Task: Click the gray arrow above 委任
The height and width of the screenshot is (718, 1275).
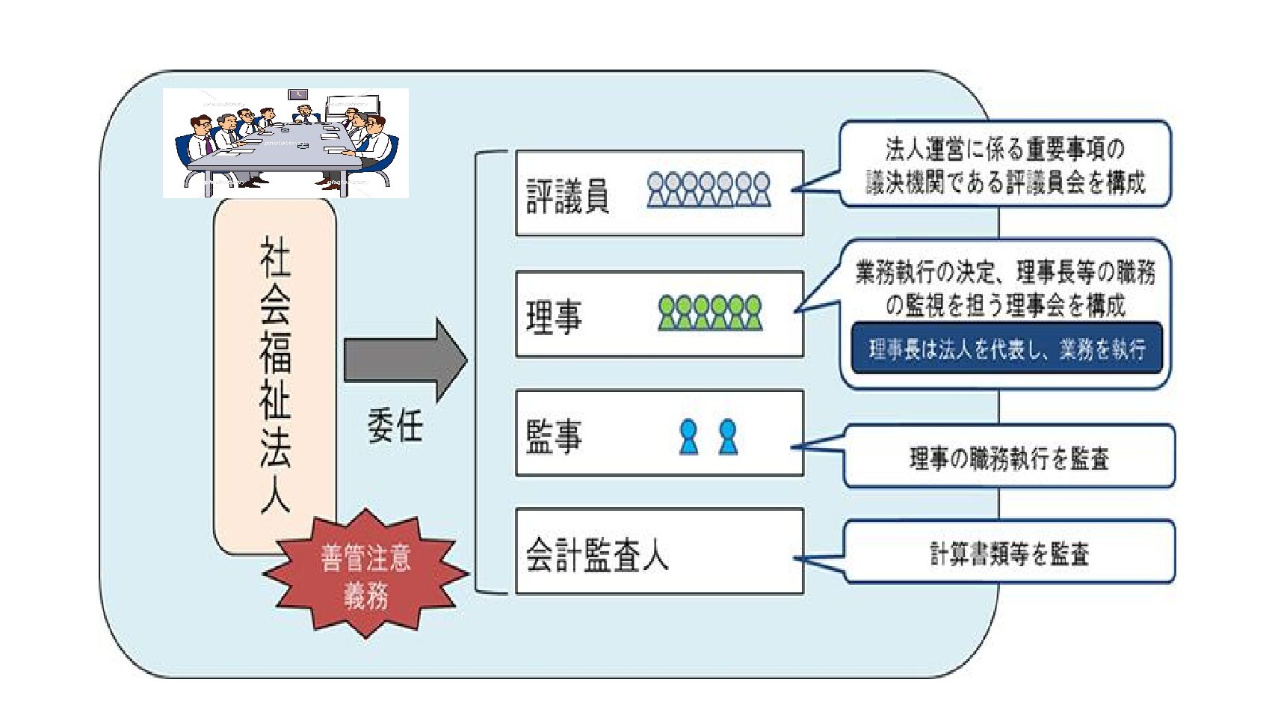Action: [404, 360]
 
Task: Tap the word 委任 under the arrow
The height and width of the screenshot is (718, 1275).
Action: [395, 427]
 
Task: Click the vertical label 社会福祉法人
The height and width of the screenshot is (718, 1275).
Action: [275, 374]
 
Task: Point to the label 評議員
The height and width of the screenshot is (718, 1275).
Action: [567, 196]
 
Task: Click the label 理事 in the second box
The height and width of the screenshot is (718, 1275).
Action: [554, 316]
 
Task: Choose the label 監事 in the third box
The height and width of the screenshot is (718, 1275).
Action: [554, 435]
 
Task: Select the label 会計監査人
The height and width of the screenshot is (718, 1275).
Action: [596, 555]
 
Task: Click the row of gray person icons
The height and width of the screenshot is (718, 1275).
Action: [708, 189]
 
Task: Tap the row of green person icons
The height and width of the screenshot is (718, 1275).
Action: [710, 313]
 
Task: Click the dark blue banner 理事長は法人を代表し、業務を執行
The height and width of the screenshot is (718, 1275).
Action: [1007, 349]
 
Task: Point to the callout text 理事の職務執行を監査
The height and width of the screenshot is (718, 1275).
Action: [1009, 458]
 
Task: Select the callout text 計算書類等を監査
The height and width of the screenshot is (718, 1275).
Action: [1009, 553]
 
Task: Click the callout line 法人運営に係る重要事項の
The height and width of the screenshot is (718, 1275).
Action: [1004, 150]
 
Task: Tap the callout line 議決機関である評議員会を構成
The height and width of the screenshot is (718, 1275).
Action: [1005, 182]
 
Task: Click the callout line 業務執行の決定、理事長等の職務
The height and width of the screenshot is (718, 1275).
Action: [1005, 272]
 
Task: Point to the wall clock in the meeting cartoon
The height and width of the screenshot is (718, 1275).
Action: [298, 94]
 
